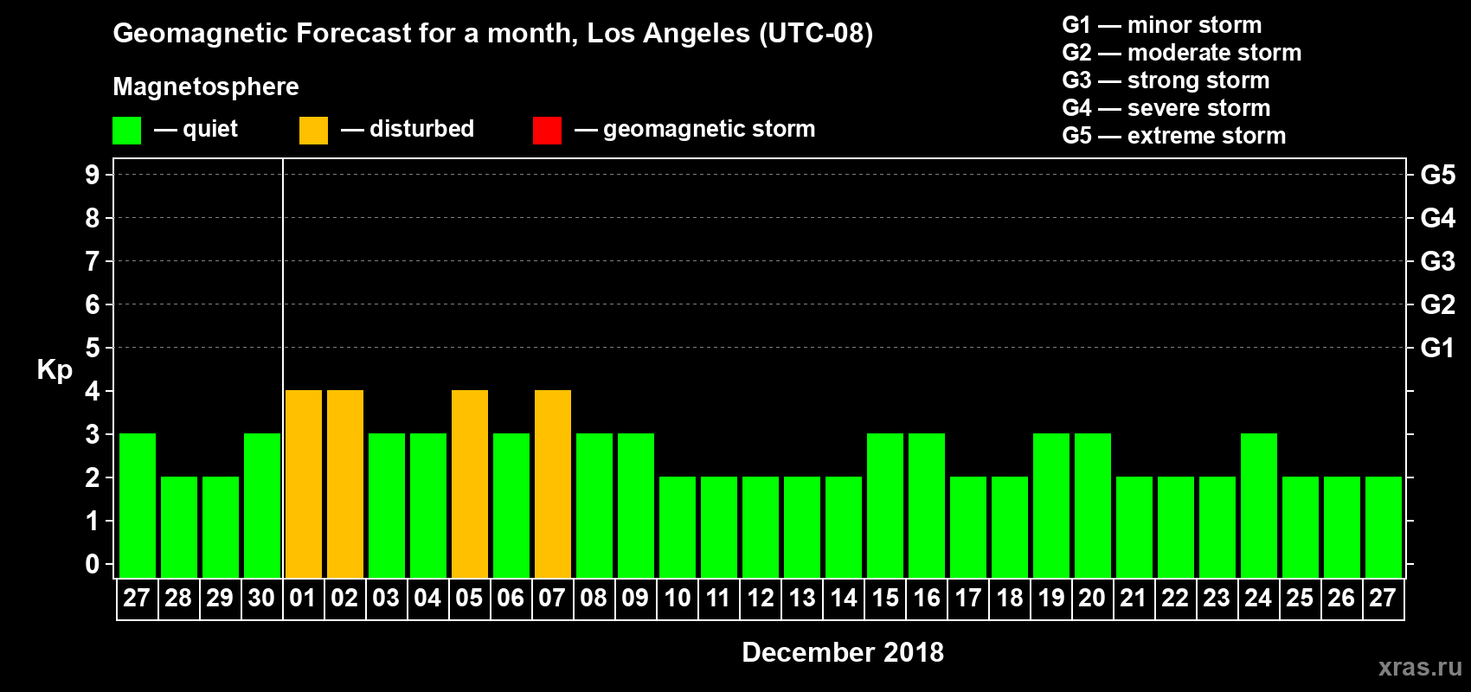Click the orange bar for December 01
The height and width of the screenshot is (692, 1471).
pos(304,484)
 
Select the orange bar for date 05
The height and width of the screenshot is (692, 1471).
pos(470,484)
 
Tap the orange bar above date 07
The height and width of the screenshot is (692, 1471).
pos(553,484)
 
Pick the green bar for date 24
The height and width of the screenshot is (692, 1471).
pos(1259,505)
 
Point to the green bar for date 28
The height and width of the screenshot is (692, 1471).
pos(179,527)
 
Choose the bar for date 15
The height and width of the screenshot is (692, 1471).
pos(885,505)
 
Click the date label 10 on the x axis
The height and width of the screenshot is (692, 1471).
pos(678,598)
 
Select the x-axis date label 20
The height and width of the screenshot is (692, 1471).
pos(1092,598)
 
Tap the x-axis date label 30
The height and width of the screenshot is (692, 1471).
pos(261,598)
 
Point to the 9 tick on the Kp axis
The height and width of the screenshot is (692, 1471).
pos(93,175)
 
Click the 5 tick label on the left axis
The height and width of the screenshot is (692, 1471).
pos(93,348)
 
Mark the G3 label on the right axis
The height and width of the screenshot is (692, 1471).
pos(1437,261)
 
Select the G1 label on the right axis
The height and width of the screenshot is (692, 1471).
pos(1437,348)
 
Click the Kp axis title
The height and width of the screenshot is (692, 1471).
pos(55,370)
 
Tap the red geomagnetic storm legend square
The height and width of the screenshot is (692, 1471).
pos(547,131)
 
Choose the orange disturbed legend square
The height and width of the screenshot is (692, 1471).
pos(313,131)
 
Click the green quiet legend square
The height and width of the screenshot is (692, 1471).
pos(126,131)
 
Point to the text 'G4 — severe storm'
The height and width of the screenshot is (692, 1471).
pos(1166,108)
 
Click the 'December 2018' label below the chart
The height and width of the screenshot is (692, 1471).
pos(843,652)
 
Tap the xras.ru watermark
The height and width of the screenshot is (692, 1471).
pos(1420,667)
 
